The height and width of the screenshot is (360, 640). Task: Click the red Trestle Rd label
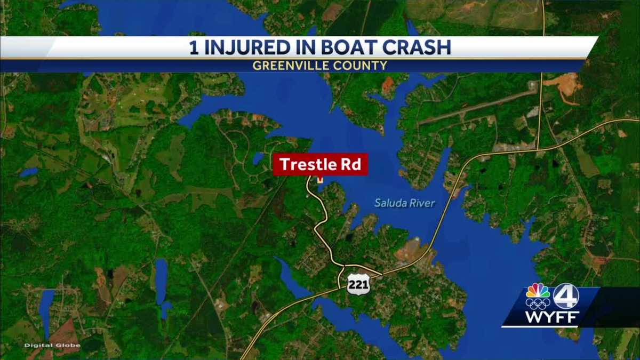pyautogui.click(x=320, y=165)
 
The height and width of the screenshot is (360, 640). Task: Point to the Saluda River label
pyautogui.click(x=404, y=203)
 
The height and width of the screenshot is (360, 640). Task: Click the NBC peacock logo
pyautogui.click(x=538, y=291)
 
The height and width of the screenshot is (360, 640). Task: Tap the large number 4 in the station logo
pyautogui.click(x=565, y=295)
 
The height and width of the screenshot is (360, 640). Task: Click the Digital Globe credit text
pyautogui.click(x=52, y=346)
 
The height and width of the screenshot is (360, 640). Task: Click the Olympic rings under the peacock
pyautogui.click(x=538, y=304)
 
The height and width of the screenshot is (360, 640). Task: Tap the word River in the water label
pyautogui.click(x=421, y=203)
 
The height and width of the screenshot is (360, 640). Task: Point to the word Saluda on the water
pyautogui.click(x=389, y=203)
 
